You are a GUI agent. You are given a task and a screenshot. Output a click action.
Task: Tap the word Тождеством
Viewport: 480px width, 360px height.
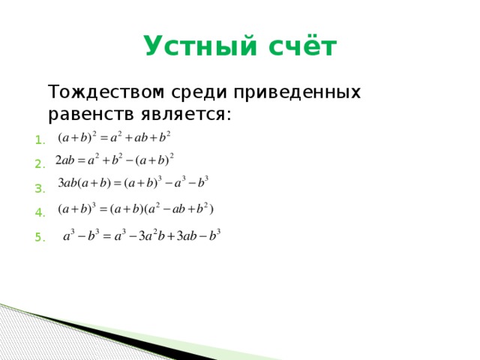(102, 92)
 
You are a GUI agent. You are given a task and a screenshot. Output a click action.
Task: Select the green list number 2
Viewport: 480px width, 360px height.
(40, 164)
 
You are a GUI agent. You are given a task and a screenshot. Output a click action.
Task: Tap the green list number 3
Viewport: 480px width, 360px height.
(40, 188)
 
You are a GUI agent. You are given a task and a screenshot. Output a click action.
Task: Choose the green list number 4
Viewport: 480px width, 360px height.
(40, 213)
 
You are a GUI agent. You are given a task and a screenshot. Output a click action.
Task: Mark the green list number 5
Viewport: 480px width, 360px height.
(40, 238)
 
